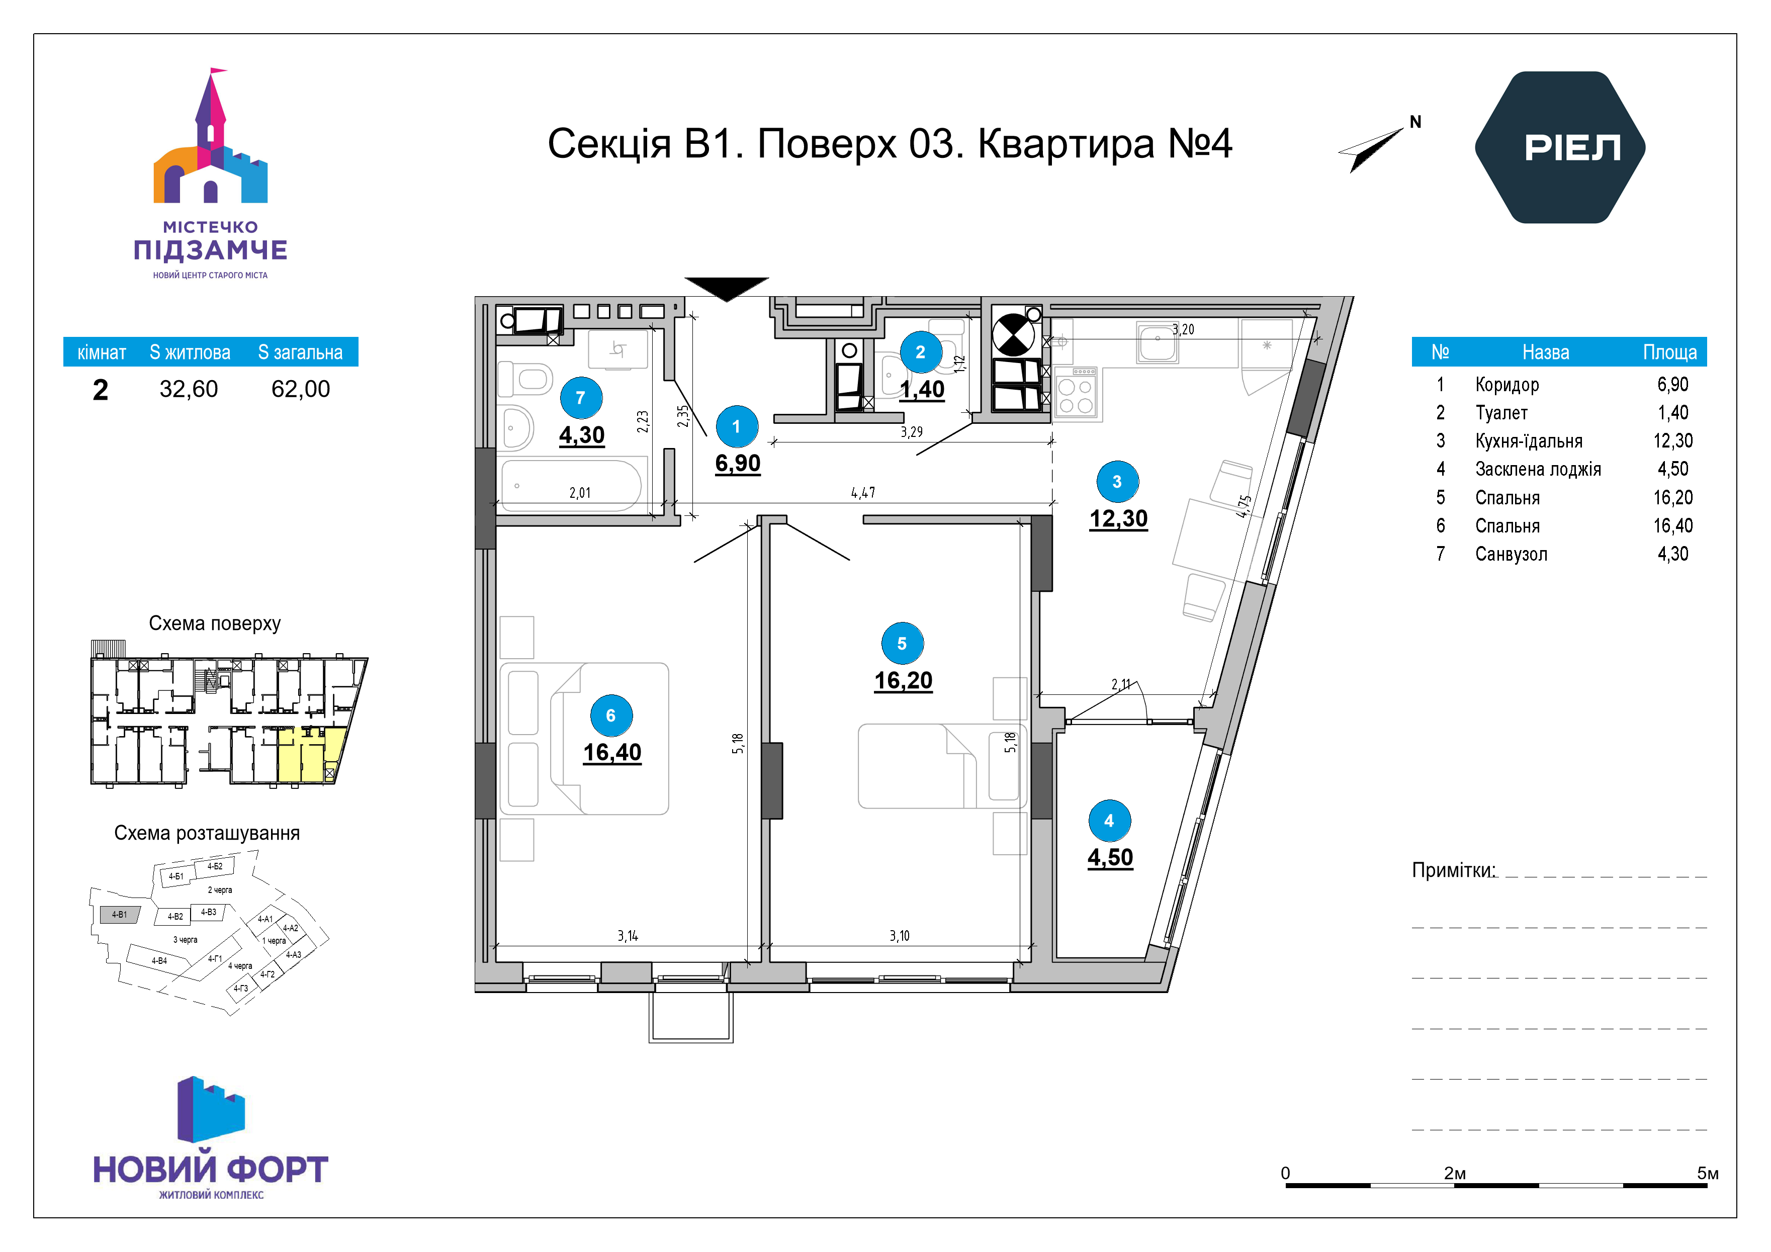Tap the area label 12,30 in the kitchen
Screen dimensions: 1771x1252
click(1118, 518)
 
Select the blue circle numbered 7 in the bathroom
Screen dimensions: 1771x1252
click(581, 398)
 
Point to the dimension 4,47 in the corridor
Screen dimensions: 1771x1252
click(863, 492)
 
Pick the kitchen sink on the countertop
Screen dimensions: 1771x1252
click(1157, 342)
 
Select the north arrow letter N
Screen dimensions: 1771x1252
click(1415, 122)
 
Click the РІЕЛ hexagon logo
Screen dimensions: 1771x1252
click(1560, 147)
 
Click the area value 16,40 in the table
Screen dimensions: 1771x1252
click(1673, 525)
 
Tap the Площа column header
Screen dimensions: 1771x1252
click(1670, 352)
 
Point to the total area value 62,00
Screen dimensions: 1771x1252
click(300, 389)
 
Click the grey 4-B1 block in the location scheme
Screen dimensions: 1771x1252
click(120, 915)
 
